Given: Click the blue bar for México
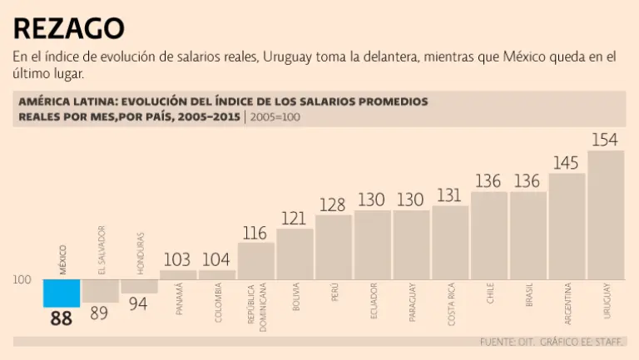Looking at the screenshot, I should coord(62,293).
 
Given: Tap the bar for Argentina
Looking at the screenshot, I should coord(567,225).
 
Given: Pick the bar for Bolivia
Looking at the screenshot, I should coord(295,254).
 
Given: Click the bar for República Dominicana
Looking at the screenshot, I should coord(255,260).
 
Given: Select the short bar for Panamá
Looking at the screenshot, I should coord(178,274).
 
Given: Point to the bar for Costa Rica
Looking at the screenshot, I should coord(450,242).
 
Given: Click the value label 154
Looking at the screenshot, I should coord(605,139).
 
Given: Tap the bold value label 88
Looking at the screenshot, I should coord(62,318).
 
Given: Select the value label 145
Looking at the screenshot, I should coord(566,162).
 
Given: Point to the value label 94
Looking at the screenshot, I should coord(139,305).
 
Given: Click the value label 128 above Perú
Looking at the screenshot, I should coord(333,205).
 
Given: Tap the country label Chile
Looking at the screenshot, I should coord(489,296).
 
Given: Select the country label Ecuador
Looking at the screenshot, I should coord(372,301).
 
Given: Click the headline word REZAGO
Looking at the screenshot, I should coord(69,28).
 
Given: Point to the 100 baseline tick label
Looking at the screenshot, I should coord(22,280).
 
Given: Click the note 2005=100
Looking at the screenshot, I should coord(275,116).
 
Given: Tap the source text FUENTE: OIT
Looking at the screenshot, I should coord(507,342).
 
